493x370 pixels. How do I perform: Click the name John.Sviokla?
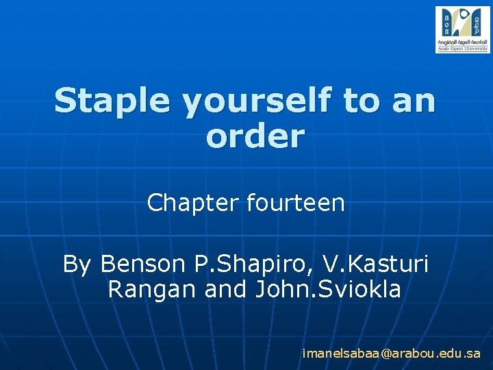[x=328, y=290]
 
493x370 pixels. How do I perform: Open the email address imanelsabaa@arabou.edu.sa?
[x=392, y=354]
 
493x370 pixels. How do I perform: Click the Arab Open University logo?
[x=462, y=29]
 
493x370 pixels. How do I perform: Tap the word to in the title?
[x=359, y=101]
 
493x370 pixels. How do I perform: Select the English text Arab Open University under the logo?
[x=462, y=49]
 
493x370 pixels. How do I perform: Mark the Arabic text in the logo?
[x=462, y=42]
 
